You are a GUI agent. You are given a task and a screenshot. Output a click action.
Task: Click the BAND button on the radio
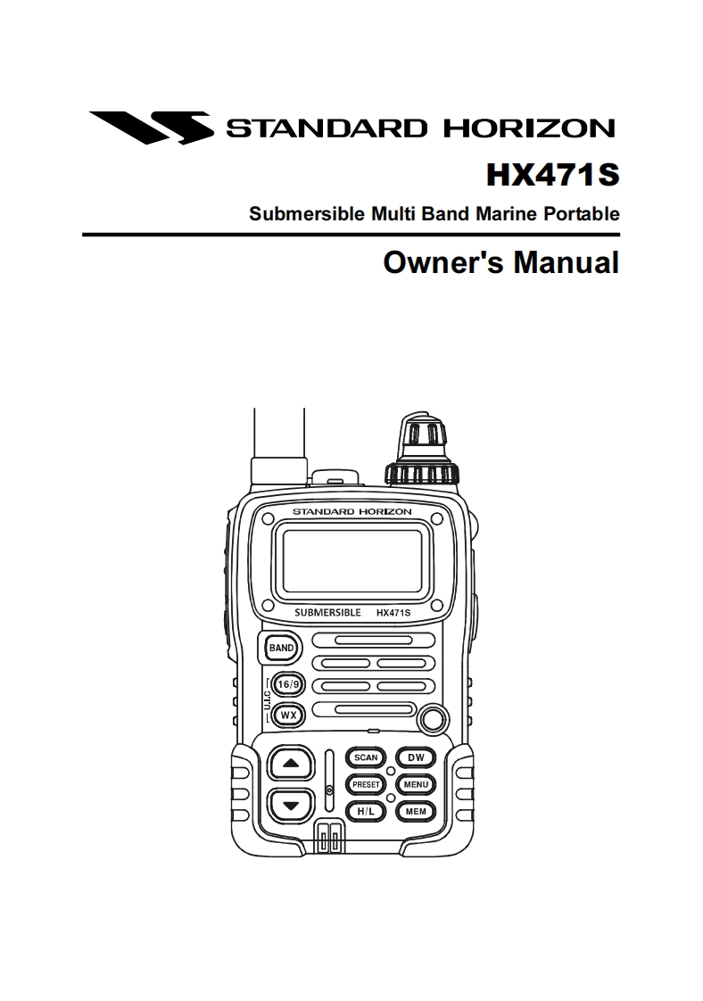(281, 647)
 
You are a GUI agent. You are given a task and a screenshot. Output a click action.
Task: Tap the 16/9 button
(288, 684)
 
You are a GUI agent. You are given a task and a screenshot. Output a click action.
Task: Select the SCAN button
(366, 757)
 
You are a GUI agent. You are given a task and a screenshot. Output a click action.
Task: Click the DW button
(416, 757)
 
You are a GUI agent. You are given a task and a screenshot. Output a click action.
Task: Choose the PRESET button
(366, 785)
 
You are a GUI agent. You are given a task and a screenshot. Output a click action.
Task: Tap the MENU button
(416, 785)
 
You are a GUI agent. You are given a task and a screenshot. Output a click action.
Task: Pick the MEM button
(416, 812)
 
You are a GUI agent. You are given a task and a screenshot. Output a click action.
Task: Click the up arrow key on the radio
(289, 764)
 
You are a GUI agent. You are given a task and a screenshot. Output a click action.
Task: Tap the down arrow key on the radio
(289, 807)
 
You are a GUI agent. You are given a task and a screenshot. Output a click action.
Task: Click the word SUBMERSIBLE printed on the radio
(327, 613)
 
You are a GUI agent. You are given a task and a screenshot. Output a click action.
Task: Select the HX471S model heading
(551, 174)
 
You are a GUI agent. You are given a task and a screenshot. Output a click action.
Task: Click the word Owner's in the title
(427, 263)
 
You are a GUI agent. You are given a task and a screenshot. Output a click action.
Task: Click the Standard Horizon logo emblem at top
(150, 127)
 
